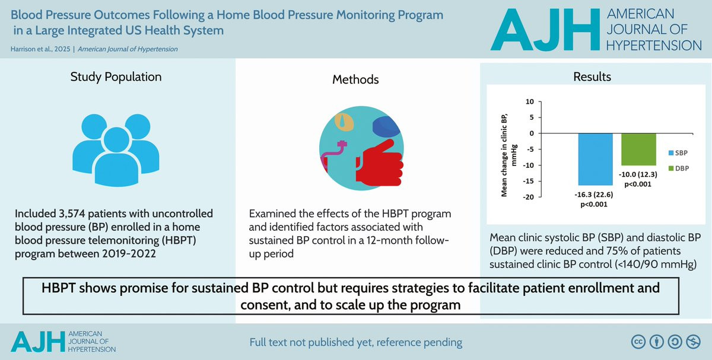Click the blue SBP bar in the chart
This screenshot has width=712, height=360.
[595, 159]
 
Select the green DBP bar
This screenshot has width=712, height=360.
[638, 149]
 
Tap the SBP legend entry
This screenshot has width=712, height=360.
[678, 153]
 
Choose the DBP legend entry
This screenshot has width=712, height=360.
[679, 168]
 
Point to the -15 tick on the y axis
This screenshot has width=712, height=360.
[529, 181]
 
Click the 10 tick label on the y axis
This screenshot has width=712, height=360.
[530, 101]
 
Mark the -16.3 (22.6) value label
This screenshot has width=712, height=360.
[594, 195]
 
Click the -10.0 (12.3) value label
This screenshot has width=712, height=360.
[638, 174]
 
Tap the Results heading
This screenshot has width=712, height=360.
[592, 77]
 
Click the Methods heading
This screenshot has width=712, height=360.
[355, 79]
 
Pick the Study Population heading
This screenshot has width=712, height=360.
[116, 77]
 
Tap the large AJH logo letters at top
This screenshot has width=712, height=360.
[545, 30]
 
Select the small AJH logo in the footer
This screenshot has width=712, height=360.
[38, 342]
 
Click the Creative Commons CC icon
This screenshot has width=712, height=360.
[638, 342]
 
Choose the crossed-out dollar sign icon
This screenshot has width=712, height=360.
[693, 342]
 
